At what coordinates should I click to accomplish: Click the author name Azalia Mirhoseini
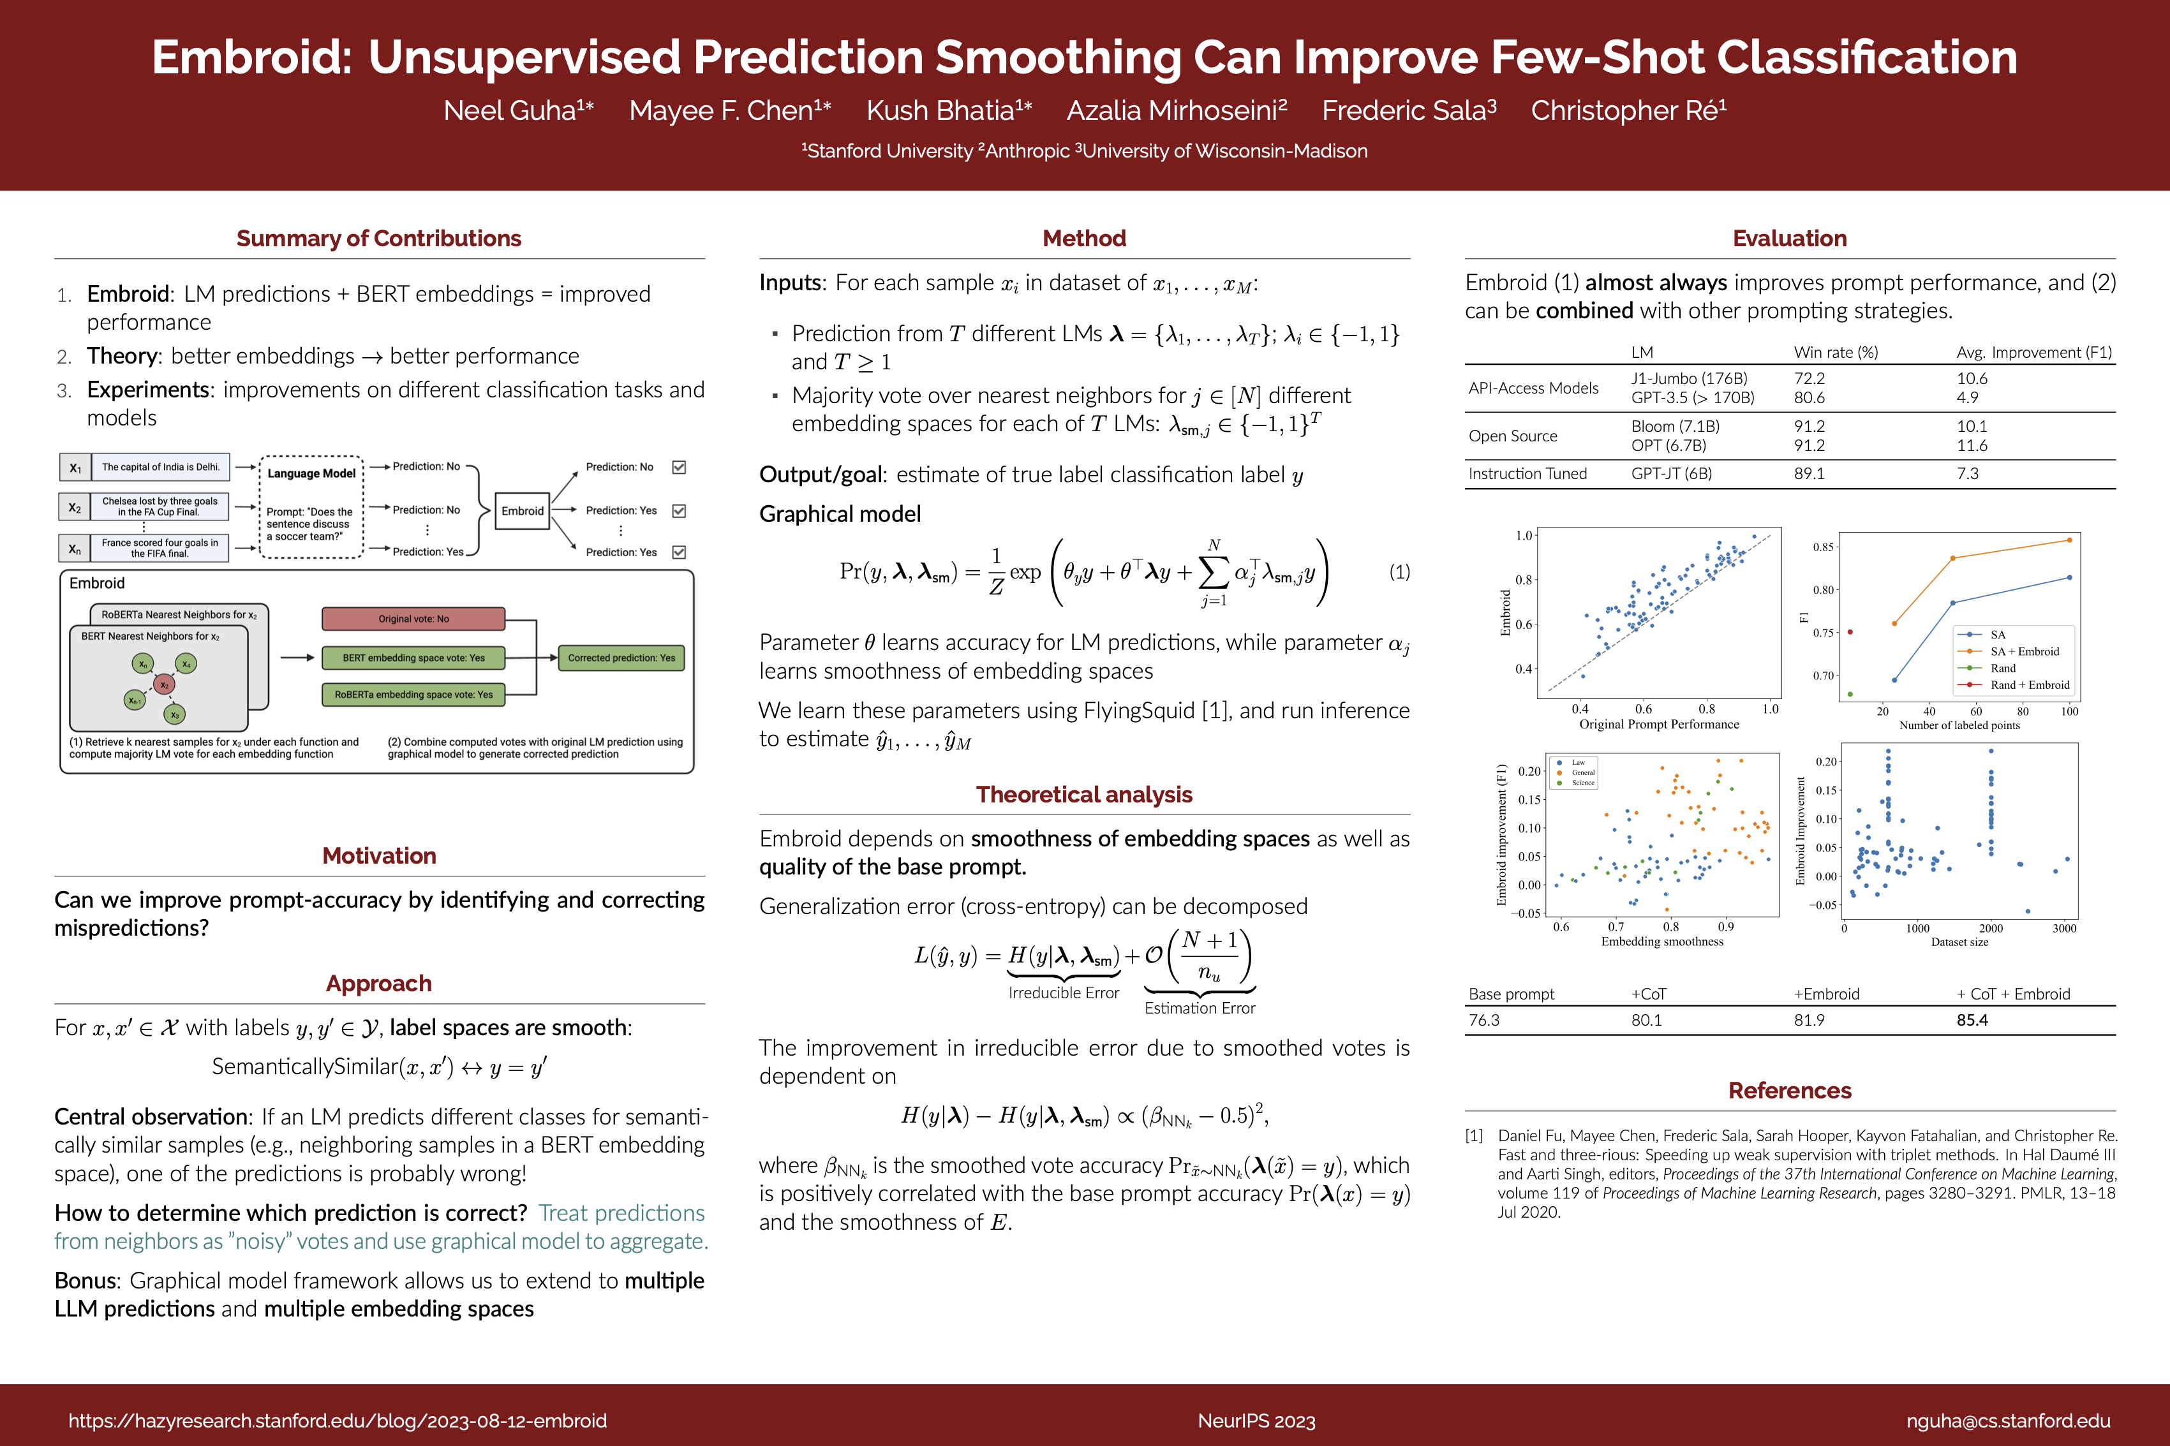(x=1176, y=110)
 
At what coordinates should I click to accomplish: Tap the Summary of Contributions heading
(x=378, y=238)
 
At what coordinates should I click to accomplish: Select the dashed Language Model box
(x=312, y=506)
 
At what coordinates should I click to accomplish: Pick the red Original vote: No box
(x=413, y=619)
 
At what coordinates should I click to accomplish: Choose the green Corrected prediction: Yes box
(x=621, y=658)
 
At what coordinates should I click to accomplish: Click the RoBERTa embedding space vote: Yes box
(x=413, y=695)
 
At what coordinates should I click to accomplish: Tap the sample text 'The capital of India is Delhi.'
(x=160, y=467)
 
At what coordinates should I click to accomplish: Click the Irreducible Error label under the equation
(x=1064, y=992)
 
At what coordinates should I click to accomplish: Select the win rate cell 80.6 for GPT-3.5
(x=1808, y=397)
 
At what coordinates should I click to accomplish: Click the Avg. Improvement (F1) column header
(x=2033, y=352)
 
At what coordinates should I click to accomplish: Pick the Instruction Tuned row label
(x=1527, y=473)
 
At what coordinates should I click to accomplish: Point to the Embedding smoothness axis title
(x=1662, y=941)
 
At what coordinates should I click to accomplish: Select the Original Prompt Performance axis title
(x=1659, y=724)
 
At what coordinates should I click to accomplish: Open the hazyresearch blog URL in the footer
(x=338, y=1420)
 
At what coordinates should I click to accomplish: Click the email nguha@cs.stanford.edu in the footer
(x=2008, y=1420)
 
